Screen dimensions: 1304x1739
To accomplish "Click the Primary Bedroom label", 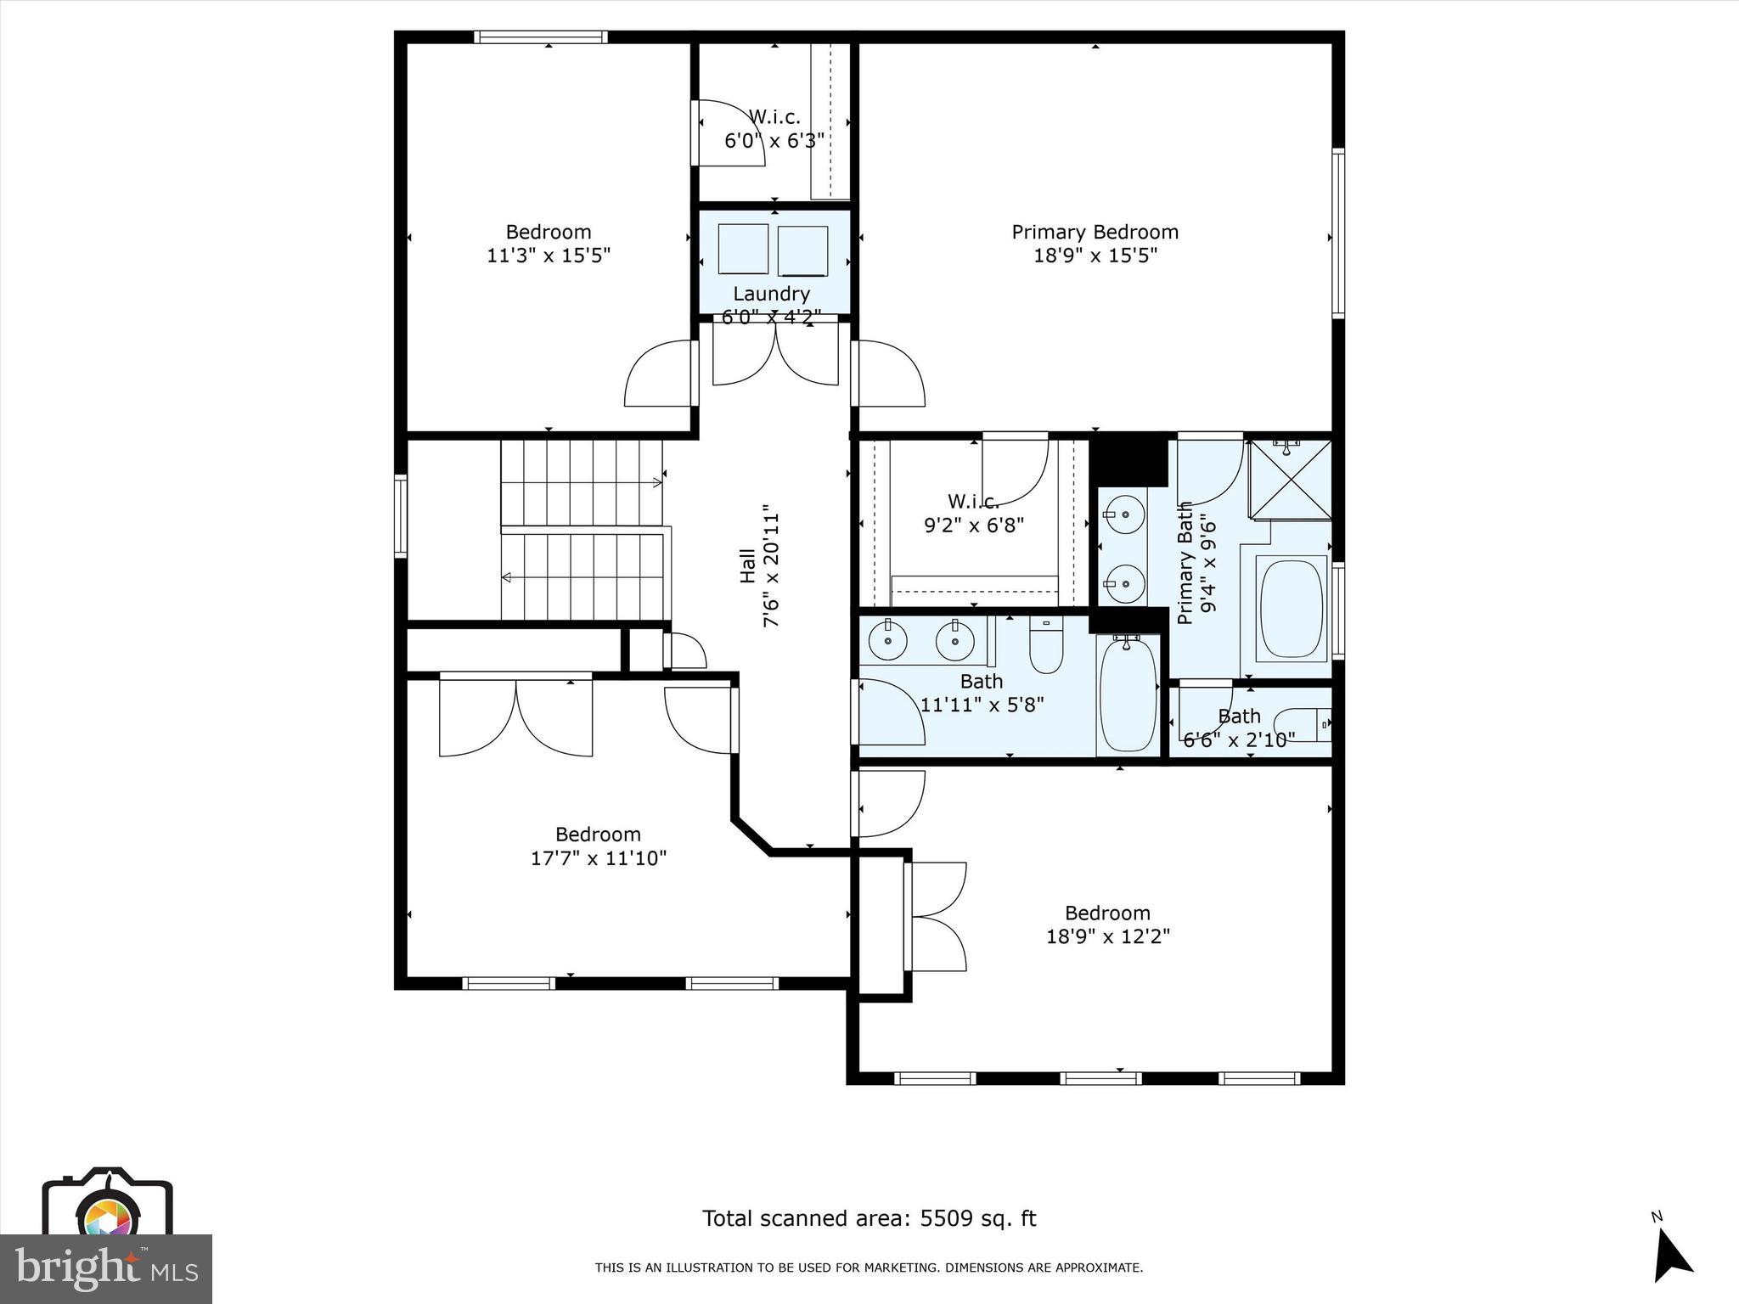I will coord(1095,232).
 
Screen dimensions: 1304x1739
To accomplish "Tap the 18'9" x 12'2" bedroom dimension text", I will coord(1107,936).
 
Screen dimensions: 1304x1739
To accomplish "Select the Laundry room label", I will coord(771,294).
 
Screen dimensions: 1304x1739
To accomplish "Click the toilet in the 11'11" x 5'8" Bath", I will coord(1046,645).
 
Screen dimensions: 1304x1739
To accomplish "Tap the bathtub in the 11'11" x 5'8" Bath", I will coord(1128,694).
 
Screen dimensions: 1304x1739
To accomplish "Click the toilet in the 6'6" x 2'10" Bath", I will coord(1303,724).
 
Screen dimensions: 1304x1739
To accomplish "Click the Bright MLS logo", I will coord(105,1268).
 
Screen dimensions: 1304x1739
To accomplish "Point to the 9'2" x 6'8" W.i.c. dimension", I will coord(974,525).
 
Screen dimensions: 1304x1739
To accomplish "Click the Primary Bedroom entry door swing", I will coord(888,374).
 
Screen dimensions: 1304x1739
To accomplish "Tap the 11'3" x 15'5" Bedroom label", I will coord(549,244).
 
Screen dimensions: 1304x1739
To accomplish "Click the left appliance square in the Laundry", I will coord(742,249).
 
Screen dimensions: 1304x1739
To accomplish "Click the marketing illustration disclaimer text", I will coord(869,1268).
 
